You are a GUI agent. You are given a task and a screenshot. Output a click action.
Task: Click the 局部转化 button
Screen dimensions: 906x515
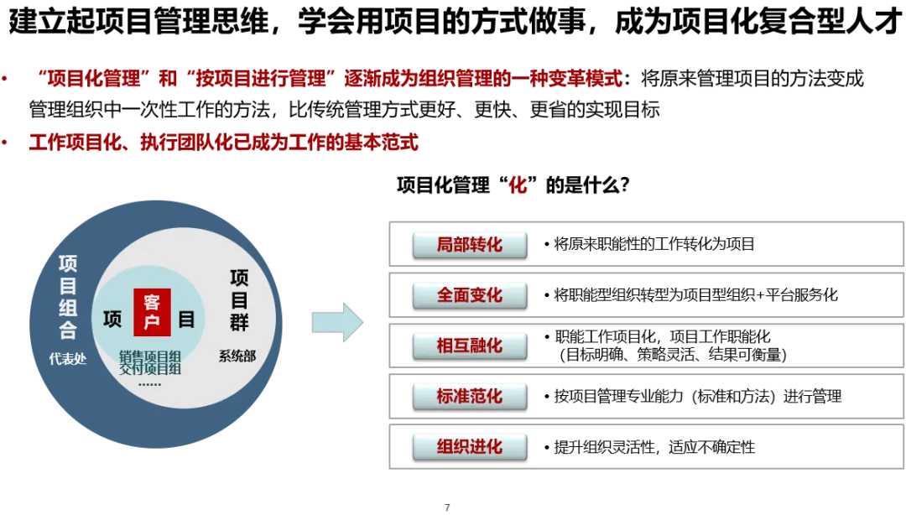(469, 245)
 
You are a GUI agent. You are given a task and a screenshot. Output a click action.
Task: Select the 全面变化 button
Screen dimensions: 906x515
(469, 295)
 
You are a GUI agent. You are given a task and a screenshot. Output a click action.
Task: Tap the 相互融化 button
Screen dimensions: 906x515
(469, 346)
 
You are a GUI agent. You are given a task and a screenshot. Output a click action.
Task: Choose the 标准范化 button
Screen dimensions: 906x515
(469, 396)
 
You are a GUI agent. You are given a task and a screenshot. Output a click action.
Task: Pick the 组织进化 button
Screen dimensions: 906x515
(469, 446)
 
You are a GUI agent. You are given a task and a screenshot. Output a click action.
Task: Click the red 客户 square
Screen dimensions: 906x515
(152, 312)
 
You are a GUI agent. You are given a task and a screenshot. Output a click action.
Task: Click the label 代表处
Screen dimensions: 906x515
(67, 359)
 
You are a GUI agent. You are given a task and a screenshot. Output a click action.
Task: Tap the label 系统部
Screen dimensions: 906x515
(237, 356)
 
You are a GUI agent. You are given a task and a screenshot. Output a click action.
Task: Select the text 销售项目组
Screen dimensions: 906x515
(150, 356)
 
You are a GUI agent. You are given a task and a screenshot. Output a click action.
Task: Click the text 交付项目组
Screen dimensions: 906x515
(150, 368)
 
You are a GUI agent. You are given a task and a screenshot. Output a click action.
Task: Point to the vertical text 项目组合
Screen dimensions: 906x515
(68, 297)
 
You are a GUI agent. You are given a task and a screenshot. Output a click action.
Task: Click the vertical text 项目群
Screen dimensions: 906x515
(239, 300)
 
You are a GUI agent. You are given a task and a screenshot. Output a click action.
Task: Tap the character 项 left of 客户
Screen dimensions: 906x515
(112, 320)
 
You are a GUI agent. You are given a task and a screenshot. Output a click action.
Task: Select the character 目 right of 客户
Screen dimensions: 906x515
(186, 320)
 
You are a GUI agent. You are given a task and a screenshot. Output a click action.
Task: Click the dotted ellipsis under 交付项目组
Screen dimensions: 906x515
(149, 383)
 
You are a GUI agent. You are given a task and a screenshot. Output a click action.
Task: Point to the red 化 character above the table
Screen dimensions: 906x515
(518, 185)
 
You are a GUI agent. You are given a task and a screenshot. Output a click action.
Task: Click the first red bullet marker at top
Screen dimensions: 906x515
(4, 80)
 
